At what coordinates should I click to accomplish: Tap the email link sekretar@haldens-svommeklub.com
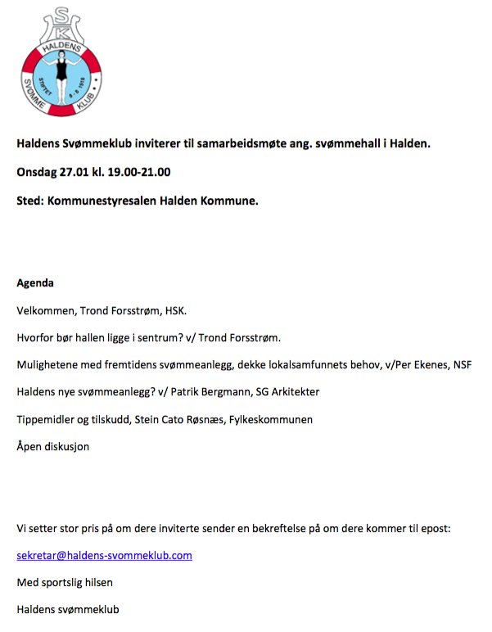point(104,555)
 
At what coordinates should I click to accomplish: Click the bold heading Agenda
point(35,283)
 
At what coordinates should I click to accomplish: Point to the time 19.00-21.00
point(138,172)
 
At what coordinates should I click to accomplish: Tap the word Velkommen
point(46,311)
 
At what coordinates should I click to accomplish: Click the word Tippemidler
point(46,419)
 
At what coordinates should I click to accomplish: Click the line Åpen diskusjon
point(52,446)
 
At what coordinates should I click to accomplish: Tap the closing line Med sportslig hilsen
point(65,583)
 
